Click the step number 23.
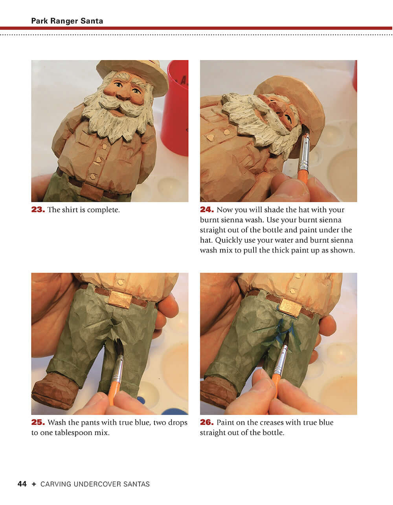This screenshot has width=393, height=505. point(38,210)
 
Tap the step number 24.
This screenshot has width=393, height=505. point(207,210)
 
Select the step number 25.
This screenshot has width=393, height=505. point(38,423)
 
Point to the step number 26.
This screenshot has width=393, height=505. point(207,423)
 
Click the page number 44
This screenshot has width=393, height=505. point(22,484)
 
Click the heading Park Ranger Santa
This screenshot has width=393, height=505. point(67,21)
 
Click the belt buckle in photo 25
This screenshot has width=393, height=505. point(120,299)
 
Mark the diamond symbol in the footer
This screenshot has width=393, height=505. point(34,484)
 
